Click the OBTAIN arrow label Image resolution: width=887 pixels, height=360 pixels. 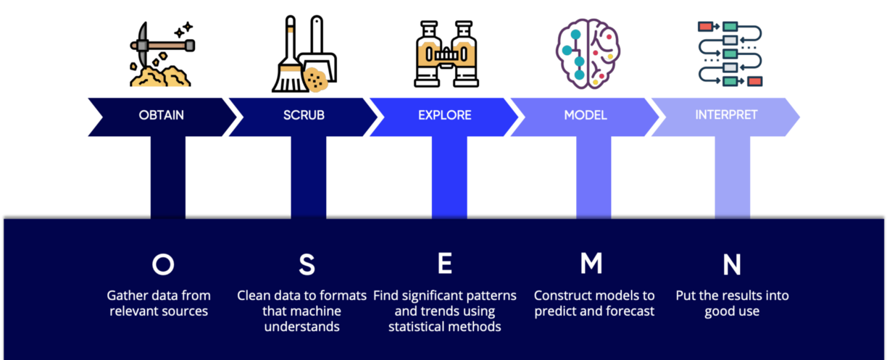tap(162, 115)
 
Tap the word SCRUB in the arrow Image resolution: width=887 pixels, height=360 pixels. tap(304, 115)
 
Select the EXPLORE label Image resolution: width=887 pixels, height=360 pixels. tap(444, 115)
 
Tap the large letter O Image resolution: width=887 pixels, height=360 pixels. tap(162, 265)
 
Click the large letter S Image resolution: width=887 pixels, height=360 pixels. tap(307, 265)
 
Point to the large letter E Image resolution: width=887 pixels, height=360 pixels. tap(445, 265)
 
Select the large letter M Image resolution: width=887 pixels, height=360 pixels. tap(591, 265)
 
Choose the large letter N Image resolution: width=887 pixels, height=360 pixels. tap(732, 265)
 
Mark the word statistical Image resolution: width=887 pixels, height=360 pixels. tap(423, 327)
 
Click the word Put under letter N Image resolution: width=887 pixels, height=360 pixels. tap(686, 296)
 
